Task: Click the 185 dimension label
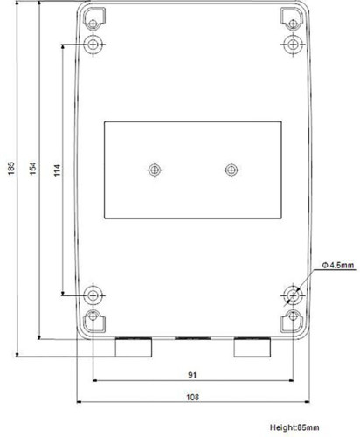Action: pyautogui.click(x=11, y=169)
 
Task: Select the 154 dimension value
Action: pyautogui.click(x=33, y=169)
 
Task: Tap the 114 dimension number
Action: pyautogui.click(x=58, y=170)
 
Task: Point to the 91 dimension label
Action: pyautogui.click(x=192, y=375)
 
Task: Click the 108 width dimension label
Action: pyautogui.click(x=192, y=397)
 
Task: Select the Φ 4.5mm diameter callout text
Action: pyautogui.click(x=338, y=265)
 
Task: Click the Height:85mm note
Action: pyautogui.click(x=294, y=427)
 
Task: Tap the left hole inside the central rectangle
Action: pyautogui.click(x=155, y=170)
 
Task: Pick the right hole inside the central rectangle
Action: pyautogui.click(x=232, y=170)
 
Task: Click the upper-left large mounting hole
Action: pyautogui.click(x=93, y=45)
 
